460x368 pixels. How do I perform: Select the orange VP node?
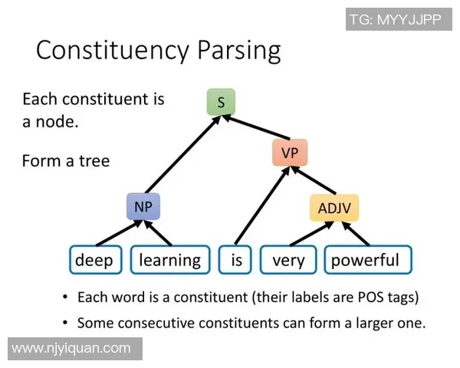tap(289, 153)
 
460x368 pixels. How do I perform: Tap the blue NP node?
tap(144, 206)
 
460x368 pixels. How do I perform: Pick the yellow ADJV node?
tap(334, 207)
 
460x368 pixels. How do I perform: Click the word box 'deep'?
tap(94, 260)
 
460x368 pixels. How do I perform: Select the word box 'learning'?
tap(169, 260)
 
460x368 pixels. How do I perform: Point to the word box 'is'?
tap(236, 260)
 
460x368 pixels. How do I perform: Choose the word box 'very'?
tap(288, 260)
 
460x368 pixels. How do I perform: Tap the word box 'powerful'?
tap(366, 260)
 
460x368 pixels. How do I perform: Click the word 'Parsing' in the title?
tap(229, 51)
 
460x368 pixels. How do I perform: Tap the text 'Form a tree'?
tap(66, 161)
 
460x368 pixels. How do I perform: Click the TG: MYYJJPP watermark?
tap(395, 19)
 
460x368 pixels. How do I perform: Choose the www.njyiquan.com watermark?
tap(71, 348)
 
